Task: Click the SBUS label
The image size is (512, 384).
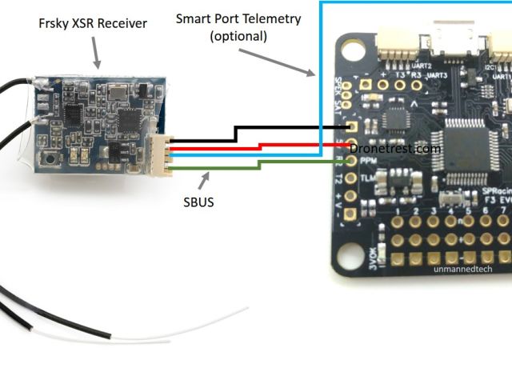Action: [x=198, y=202]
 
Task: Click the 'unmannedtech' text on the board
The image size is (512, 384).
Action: [x=462, y=269]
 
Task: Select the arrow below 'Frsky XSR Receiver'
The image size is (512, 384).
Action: [x=97, y=54]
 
